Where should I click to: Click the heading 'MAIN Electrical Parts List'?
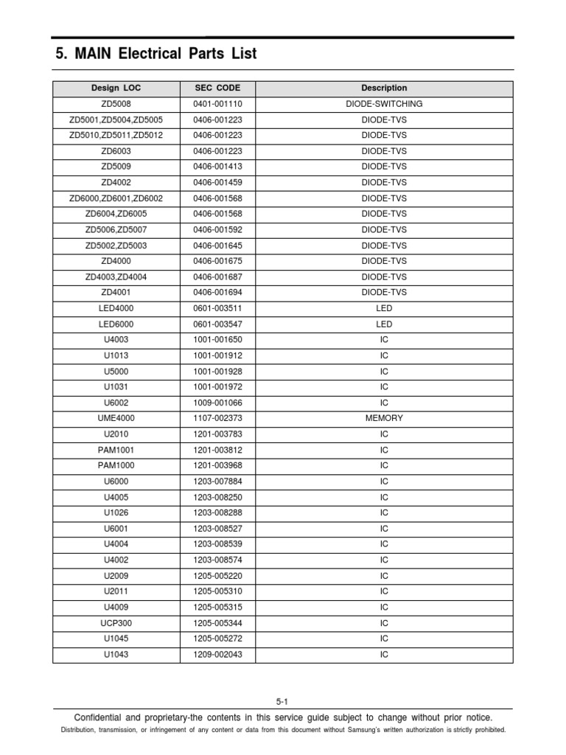[156, 54]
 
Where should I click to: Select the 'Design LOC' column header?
[116, 88]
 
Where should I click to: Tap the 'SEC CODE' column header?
[217, 88]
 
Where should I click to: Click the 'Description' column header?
[384, 88]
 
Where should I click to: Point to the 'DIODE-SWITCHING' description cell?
[384, 104]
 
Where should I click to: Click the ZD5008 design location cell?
[116, 104]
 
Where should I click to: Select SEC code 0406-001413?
[217, 167]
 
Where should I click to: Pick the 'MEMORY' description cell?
[384, 418]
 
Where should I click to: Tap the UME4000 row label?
[116, 418]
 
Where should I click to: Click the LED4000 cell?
[116, 308]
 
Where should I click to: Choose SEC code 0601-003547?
[217, 324]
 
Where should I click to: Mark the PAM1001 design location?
[116, 450]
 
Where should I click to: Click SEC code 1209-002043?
[217, 655]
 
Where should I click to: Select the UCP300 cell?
[116, 623]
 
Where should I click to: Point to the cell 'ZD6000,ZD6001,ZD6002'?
[116, 198]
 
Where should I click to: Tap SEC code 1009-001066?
[217, 403]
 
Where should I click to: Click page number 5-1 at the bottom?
[283, 701]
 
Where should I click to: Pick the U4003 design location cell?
[116, 340]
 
